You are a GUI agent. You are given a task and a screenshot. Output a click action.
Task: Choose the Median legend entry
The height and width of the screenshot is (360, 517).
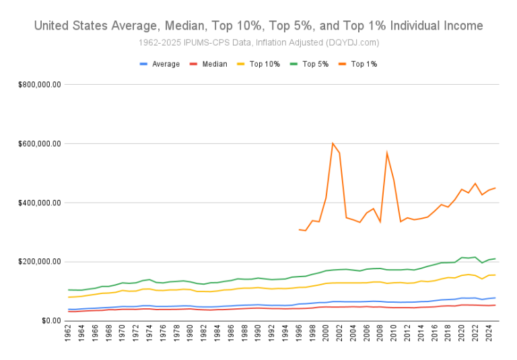(x=213, y=64)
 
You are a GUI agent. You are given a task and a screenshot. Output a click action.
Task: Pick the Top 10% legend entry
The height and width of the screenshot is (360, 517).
(x=265, y=64)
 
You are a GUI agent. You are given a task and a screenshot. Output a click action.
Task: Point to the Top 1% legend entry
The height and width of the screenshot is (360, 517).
(x=363, y=64)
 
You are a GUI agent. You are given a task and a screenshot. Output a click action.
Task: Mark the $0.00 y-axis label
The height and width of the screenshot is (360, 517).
(x=50, y=321)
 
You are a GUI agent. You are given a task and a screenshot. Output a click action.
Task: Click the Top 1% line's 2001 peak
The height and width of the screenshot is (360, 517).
(x=333, y=143)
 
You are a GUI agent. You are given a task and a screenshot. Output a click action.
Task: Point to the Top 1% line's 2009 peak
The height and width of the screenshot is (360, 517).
(x=386, y=153)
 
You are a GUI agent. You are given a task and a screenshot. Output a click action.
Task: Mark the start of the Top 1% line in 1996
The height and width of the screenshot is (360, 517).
(x=299, y=229)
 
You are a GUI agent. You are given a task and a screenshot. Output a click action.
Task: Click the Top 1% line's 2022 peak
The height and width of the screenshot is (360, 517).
(x=475, y=183)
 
